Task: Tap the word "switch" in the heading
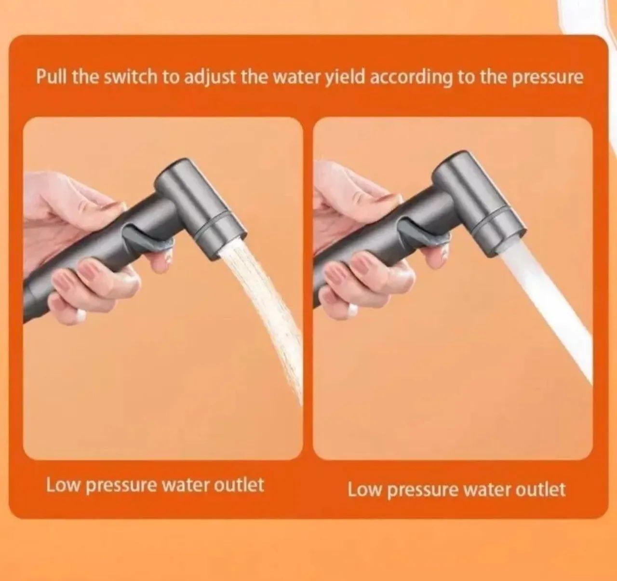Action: [130, 77]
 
